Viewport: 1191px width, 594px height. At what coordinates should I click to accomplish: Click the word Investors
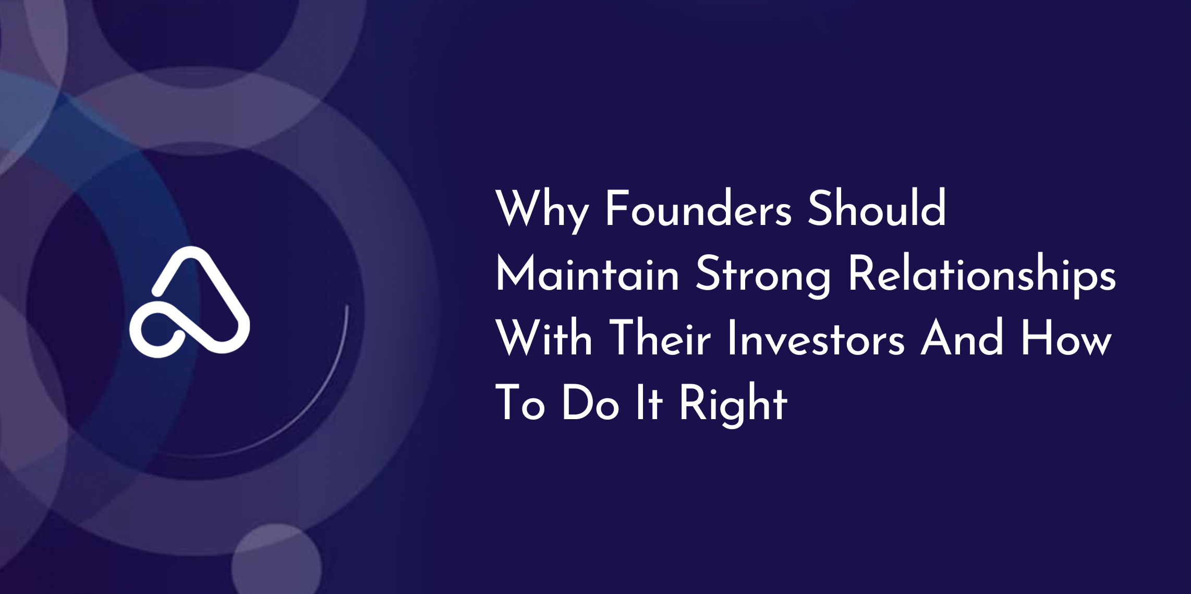[816, 338]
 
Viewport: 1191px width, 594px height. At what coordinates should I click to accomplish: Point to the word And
[962, 338]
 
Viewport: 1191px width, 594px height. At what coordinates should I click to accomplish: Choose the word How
[1066, 338]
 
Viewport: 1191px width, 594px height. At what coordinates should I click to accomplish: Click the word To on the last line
[520, 403]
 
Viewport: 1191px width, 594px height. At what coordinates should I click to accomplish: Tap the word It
[648, 403]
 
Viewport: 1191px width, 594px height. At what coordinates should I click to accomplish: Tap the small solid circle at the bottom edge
[276, 560]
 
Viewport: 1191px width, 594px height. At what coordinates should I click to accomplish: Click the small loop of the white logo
[156, 331]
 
